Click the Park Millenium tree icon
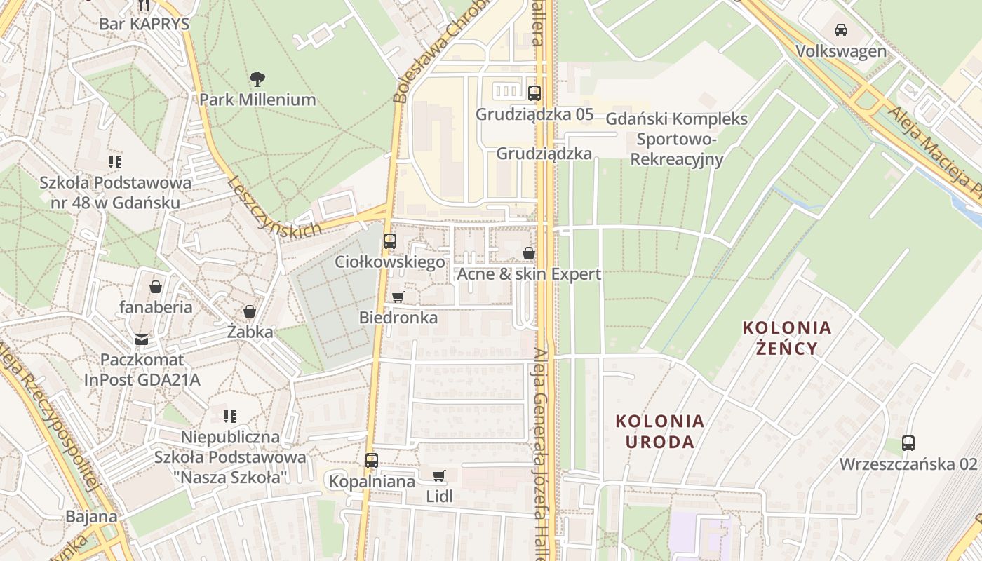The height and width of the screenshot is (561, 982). click(x=257, y=78)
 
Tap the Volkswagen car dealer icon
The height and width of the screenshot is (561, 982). click(x=840, y=30)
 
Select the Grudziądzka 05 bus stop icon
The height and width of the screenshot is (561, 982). click(x=534, y=93)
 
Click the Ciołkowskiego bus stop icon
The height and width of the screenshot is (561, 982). click(x=390, y=241)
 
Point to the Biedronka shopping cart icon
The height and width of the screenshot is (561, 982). click(x=398, y=297)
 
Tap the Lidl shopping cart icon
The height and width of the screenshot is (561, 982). click(x=439, y=476)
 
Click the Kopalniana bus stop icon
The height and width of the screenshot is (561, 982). click(x=372, y=461)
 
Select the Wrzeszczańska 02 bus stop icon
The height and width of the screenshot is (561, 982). click(x=908, y=443)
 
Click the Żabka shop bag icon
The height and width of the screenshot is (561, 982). click(x=250, y=311)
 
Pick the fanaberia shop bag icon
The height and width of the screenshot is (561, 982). click(x=156, y=287)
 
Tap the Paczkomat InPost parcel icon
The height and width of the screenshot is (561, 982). click(x=142, y=339)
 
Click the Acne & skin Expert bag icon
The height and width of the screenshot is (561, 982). click(x=529, y=253)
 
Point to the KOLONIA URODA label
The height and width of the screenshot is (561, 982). click(x=659, y=431)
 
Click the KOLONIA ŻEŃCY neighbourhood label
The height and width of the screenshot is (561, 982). click(x=787, y=337)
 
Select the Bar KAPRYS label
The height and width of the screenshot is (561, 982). click(x=144, y=23)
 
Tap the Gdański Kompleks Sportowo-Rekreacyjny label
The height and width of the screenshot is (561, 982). click(x=677, y=139)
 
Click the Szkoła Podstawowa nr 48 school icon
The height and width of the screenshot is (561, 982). click(x=115, y=162)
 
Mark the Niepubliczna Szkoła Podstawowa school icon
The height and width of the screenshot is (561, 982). click(x=229, y=417)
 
